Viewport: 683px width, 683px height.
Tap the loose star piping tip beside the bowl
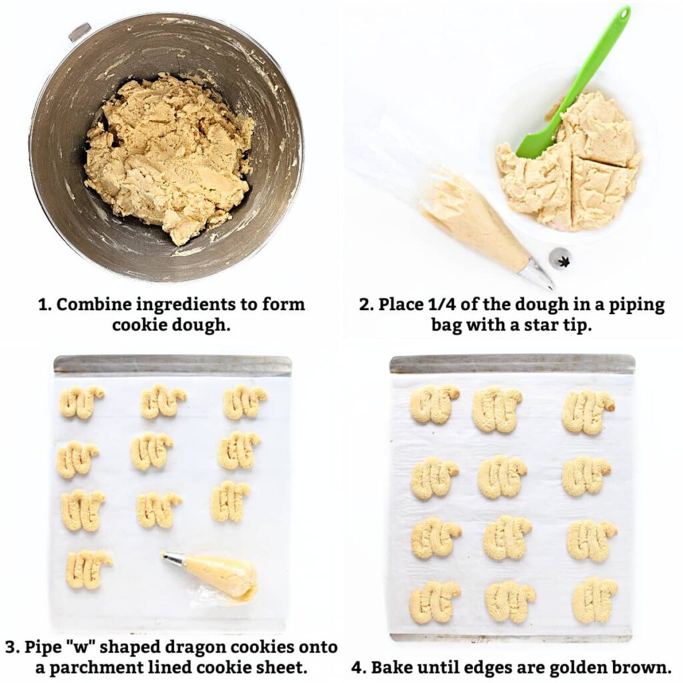click(560, 257)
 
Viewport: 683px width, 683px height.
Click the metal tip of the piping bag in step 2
click(537, 274)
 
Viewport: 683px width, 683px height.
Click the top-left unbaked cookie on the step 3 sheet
click(81, 402)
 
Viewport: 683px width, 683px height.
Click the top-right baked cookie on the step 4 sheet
click(587, 412)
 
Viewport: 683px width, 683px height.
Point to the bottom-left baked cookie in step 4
click(434, 601)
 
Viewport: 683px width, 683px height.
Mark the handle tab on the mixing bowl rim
click(79, 31)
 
